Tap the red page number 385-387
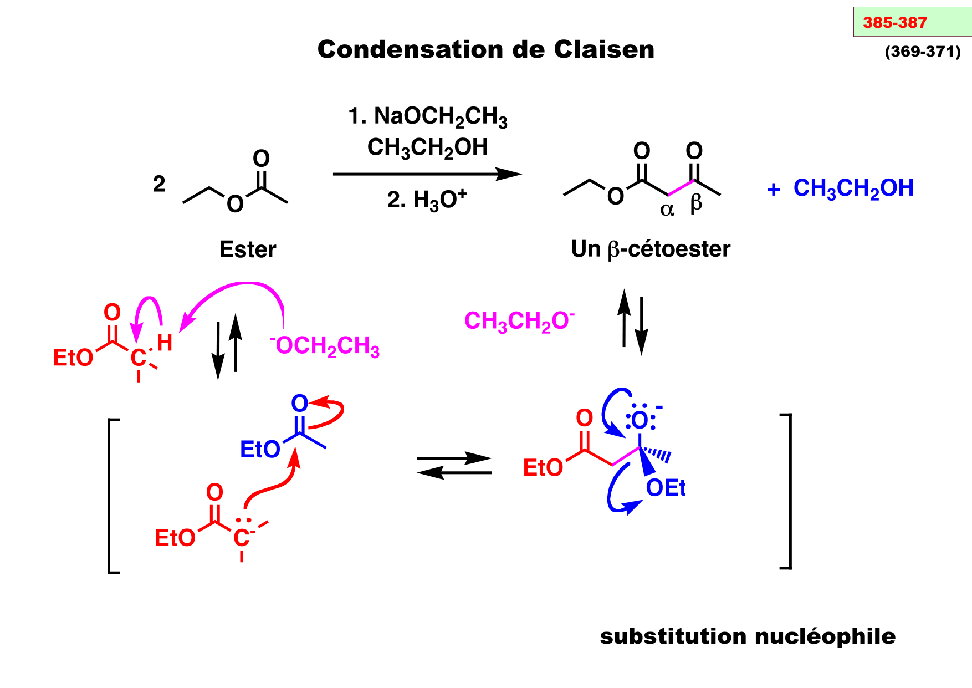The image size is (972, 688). coord(894,23)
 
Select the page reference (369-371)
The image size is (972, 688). coord(923,52)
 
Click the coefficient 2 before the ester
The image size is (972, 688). coord(159,184)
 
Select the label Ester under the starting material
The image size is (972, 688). coord(247,249)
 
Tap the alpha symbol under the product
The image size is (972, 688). coord(667,209)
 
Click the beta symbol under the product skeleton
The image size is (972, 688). coord(696,203)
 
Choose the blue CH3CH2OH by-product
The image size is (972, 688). coord(853,188)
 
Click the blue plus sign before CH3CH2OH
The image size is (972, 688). coord(773,190)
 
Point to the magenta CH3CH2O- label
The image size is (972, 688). coord(519,322)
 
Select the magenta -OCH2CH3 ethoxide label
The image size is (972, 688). coord(325,346)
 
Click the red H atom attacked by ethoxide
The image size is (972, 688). coord(165,342)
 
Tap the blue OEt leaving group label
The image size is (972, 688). coord(666,488)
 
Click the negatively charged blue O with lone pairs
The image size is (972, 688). coord(640,420)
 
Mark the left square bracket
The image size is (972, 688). coord(112,496)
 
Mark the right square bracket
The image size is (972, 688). coord(787,491)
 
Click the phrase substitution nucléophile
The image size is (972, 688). coord(747,636)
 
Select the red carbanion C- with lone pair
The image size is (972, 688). coord(242,537)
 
